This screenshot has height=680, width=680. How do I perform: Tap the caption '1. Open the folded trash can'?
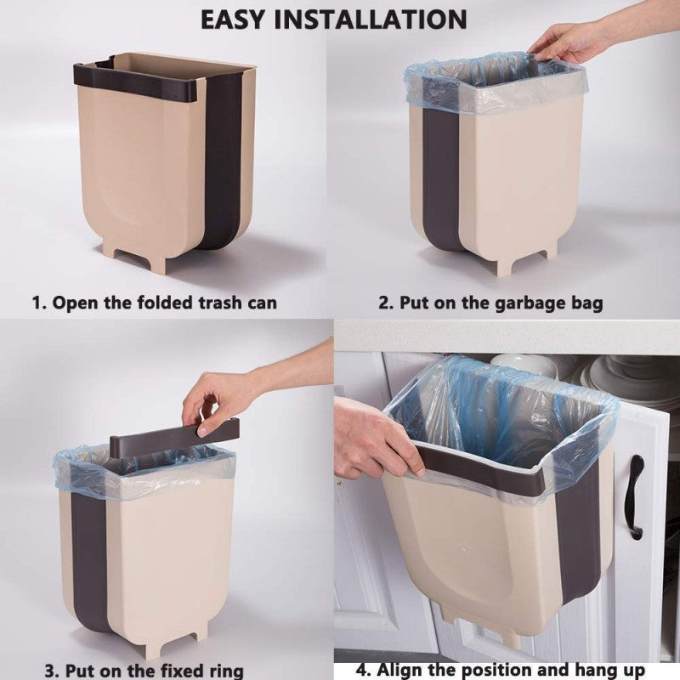pyautogui.click(x=155, y=303)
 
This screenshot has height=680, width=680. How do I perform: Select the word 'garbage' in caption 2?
pyautogui.click(x=521, y=303)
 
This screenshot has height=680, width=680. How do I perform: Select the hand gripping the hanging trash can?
pyautogui.click(x=374, y=438)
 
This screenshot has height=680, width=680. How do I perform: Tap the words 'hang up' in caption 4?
pyautogui.click(x=626, y=669)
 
